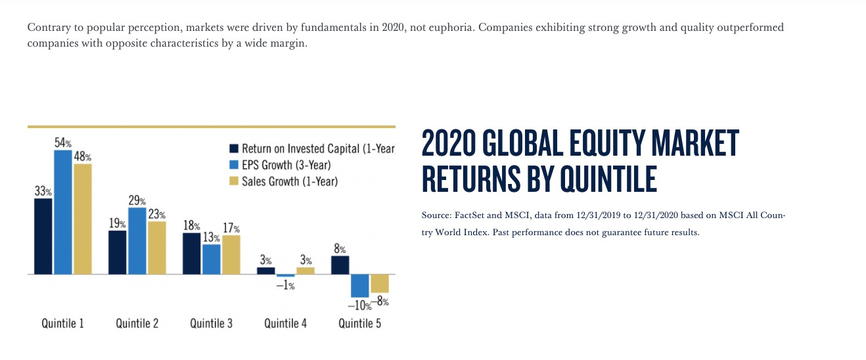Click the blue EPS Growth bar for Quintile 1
click(63, 212)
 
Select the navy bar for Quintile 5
click(340, 265)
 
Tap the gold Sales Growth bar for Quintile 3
click(231, 255)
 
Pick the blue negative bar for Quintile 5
click(360, 286)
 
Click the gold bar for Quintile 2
click(157, 248)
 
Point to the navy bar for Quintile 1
click(43, 236)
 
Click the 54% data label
click(63, 143)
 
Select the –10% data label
click(359, 305)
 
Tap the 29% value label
click(137, 200)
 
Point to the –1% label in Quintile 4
click(285, 285)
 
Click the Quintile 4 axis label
click(285, 323)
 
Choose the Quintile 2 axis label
click(137, 323)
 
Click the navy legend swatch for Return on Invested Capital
click(234, 148)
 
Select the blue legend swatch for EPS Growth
click(234, 165)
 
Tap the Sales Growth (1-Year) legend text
click(290, 181)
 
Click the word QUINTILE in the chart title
click(608, 179)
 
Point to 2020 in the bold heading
click(449, 143)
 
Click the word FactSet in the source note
click(469, 215)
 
